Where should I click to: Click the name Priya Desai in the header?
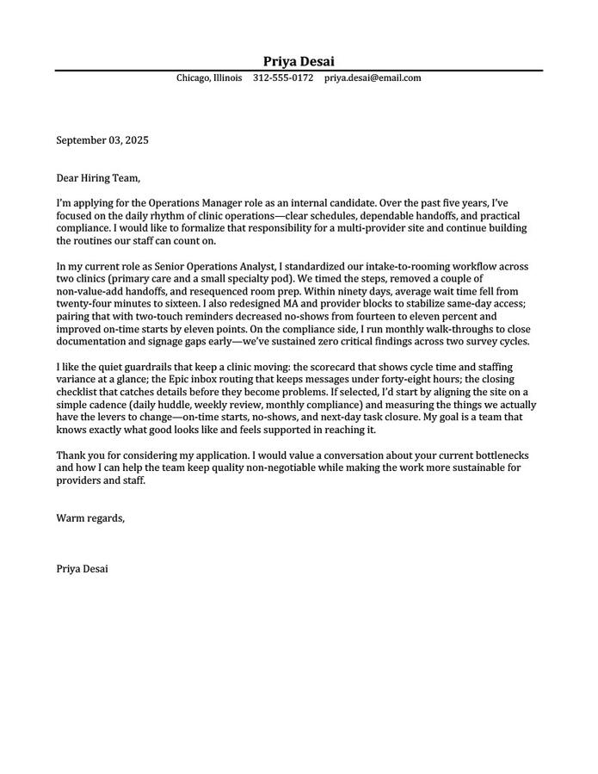coord(299,61)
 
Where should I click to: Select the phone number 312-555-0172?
coord(283,78)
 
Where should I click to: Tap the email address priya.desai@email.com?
coord(373,78)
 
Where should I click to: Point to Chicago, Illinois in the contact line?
coord(209,78)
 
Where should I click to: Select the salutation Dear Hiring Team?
coord(97,178)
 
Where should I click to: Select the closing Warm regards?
coord(90,518)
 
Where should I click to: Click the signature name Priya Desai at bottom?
coord(83,569)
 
